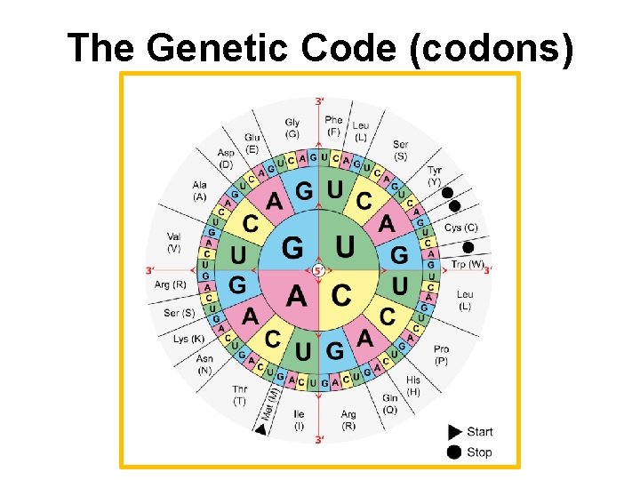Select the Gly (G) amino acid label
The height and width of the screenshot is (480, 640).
pyautogui.click(x=292, y=128)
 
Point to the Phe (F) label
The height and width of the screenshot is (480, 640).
pyautogui.click(x=333, y=125)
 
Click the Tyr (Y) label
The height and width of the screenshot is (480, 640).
pyautogui.click(x=435, y=175)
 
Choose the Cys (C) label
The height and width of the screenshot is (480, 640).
pyautogui.click(x=461, y=228)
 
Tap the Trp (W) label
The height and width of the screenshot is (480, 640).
pyautogui.click(x=468, y=264)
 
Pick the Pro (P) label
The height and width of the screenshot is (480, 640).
pyautogui.click(x=442, y=355)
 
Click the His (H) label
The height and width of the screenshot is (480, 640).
pyautogui.click(x=413, y=386)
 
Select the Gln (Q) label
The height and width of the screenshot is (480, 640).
pyautogui.click(x=389, y=404)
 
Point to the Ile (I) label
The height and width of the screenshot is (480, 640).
pyautogui.click(x=299, y=420)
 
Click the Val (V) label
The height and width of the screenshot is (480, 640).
pyautogui.click(x=173, y=242)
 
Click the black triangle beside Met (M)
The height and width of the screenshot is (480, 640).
pyautogui.click(x=260, y=430)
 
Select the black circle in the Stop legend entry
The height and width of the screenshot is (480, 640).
pyautogui.click(x=454, y=452)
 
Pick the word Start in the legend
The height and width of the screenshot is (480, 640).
pyautogui.click(x=479, y=431)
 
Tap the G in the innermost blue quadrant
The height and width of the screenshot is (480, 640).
pyautogui.click(x=291, y=245)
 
